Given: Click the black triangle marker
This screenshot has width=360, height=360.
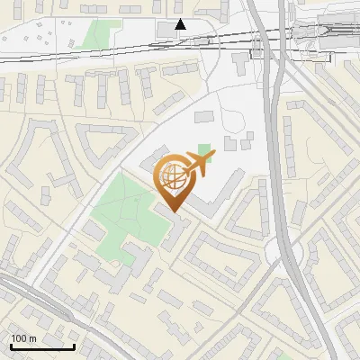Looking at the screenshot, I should click(181, 24).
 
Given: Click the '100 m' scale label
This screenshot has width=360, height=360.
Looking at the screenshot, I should click(23, 338).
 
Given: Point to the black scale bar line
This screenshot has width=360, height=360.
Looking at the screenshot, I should click(42, 347).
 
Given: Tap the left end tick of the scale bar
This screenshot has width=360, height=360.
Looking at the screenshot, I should click(10, 346).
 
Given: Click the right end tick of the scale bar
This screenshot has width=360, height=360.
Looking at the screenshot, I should click(74, 346).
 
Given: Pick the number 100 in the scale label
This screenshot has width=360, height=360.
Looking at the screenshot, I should click(19, 338).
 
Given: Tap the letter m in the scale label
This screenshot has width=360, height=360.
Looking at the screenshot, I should click(31, 339).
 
